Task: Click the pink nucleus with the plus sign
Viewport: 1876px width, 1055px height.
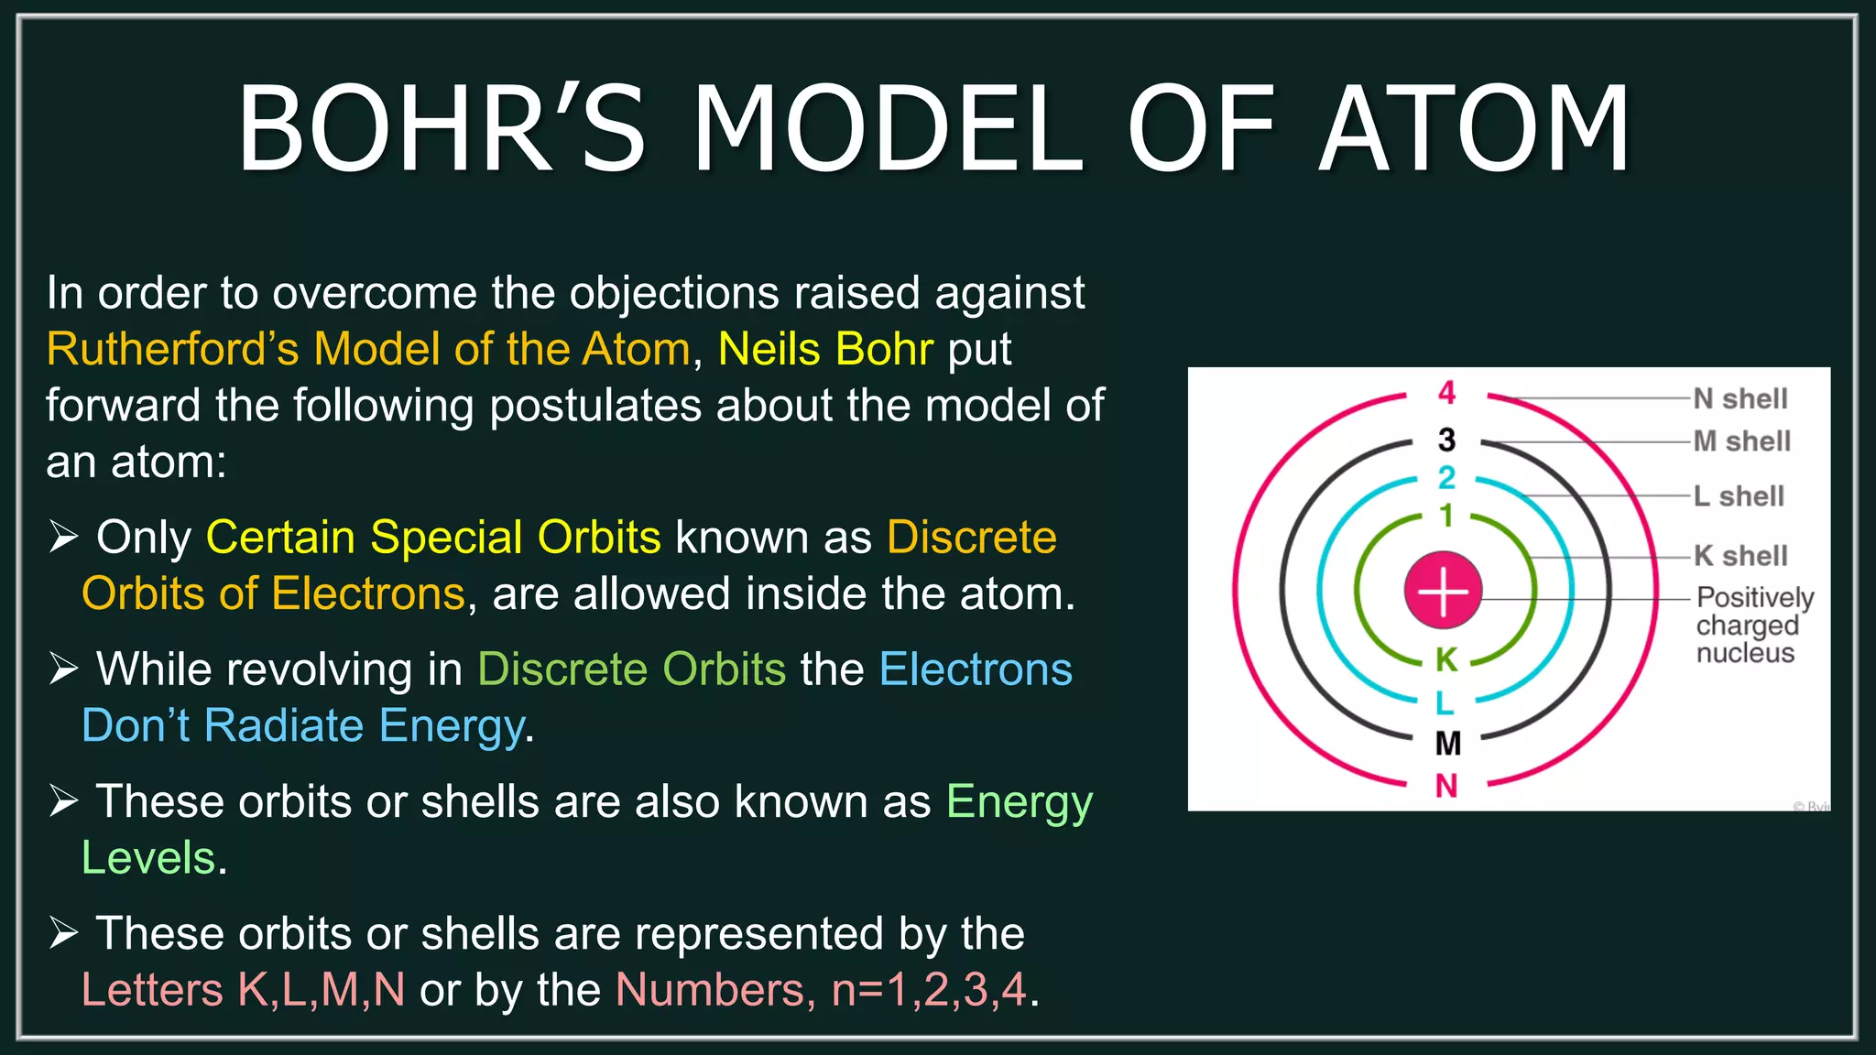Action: pyautogui.click(x=1443, y=591)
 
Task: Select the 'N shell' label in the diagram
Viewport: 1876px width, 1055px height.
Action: pyautogui.click(x=1740, y=398)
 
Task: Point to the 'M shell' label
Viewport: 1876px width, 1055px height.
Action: pyautogui.click(x=1741, y=441)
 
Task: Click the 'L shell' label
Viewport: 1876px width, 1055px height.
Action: pyautogui.click(x=1739, y=496)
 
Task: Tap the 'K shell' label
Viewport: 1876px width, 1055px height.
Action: pyautogui.click(x=1740, y=555)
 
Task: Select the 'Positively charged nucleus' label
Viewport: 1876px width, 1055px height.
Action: pyautogui.click(x=1753, y=625)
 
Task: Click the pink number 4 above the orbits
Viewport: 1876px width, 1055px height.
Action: pyautogui.click(x=1446, y=393)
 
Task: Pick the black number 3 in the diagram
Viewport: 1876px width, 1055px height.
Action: pyautogui.click(x=1446, y=440)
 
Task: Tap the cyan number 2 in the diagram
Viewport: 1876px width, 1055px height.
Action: pyautogui.click(x=1446, y=477)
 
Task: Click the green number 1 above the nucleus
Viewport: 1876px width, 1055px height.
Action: pyautogui.click(x=1446, y=516)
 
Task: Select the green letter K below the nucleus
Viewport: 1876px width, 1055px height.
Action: pyautogui.click(x=1446, y=659)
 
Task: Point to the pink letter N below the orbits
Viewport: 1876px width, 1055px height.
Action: pyautogui.click(x=1446, y=786)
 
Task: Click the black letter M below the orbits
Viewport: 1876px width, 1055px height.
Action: pyautogui.click(x=1447, y=743)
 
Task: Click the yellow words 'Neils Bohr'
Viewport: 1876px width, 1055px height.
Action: pyautogui.click(x=825, y=349)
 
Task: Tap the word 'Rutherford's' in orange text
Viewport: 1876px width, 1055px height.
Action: pyautogui.click(x=173, y=349)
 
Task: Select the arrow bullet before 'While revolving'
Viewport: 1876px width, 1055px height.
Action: pyautogui.click(x=63, y=669)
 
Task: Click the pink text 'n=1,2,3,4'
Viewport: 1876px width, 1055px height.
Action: pyautogui.click(x=928, y=990)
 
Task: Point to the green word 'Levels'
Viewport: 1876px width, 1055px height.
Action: pyautogui.click(x=148, y=858)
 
